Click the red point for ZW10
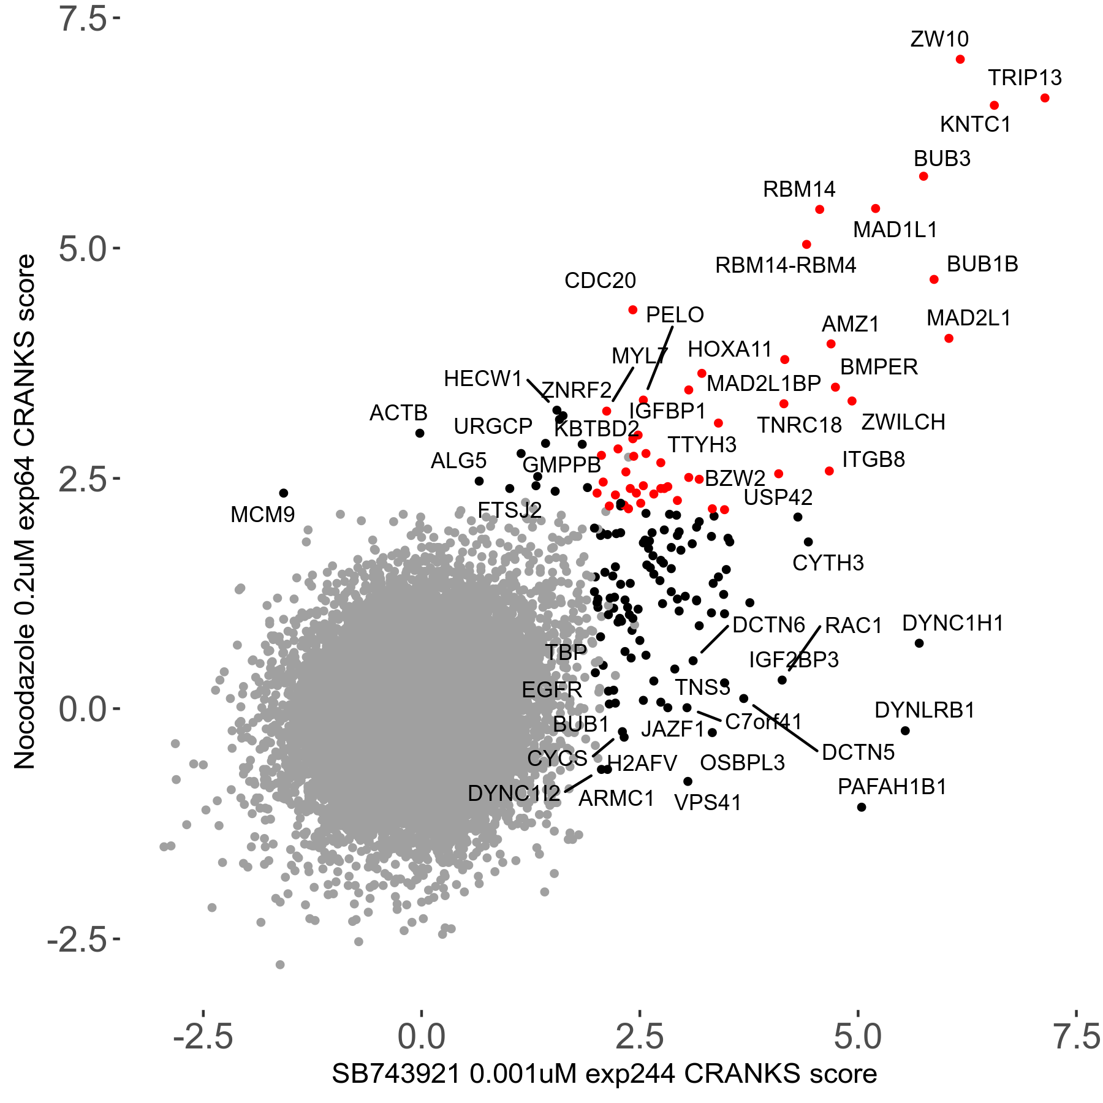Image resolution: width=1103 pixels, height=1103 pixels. point(960,59)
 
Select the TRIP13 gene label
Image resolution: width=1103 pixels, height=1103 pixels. point(1025,78)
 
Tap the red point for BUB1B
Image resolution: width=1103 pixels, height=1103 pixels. point(934,279)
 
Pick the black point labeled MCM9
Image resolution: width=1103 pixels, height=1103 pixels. point(284,493)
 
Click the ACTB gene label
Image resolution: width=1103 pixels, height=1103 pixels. point(398,413)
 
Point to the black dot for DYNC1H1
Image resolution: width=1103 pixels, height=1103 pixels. point(919,643)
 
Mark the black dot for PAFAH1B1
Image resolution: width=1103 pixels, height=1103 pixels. point(862,807)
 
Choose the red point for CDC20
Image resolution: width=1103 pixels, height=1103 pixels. point(633,310)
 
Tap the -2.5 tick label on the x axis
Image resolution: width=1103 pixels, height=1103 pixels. point(203,1037)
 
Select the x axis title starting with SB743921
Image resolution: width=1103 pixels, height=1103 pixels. point(604,1074)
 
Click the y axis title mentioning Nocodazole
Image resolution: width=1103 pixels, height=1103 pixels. point(25,512)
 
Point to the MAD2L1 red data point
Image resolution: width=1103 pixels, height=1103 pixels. point(949,338)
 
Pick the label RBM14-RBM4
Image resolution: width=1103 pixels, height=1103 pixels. point(786,265)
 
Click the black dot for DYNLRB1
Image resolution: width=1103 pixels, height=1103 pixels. point(905,730)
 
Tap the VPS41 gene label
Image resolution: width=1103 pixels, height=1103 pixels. point(708,803)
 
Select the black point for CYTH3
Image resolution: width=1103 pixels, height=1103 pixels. point(808,542)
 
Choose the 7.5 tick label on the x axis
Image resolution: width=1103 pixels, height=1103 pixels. point(1077,1037)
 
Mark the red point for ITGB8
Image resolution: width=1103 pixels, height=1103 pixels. point(829,471)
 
